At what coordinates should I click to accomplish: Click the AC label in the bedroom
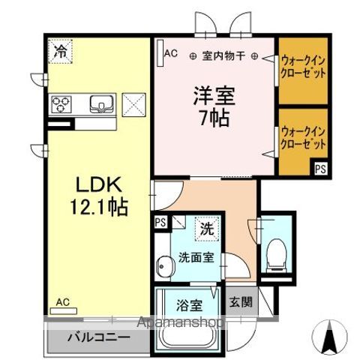click(x=170, y=53)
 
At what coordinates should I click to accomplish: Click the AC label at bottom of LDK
click(x=62, y=303)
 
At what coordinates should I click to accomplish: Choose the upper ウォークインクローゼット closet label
click(x=304, y=65)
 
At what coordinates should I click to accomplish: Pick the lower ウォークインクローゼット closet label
click(x=303, y=136)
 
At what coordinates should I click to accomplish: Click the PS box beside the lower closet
click(x=320, y=169)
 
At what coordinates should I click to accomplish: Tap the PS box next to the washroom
click(x=160, y=222)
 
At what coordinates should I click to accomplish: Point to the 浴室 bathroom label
click(x=189, y=305)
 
